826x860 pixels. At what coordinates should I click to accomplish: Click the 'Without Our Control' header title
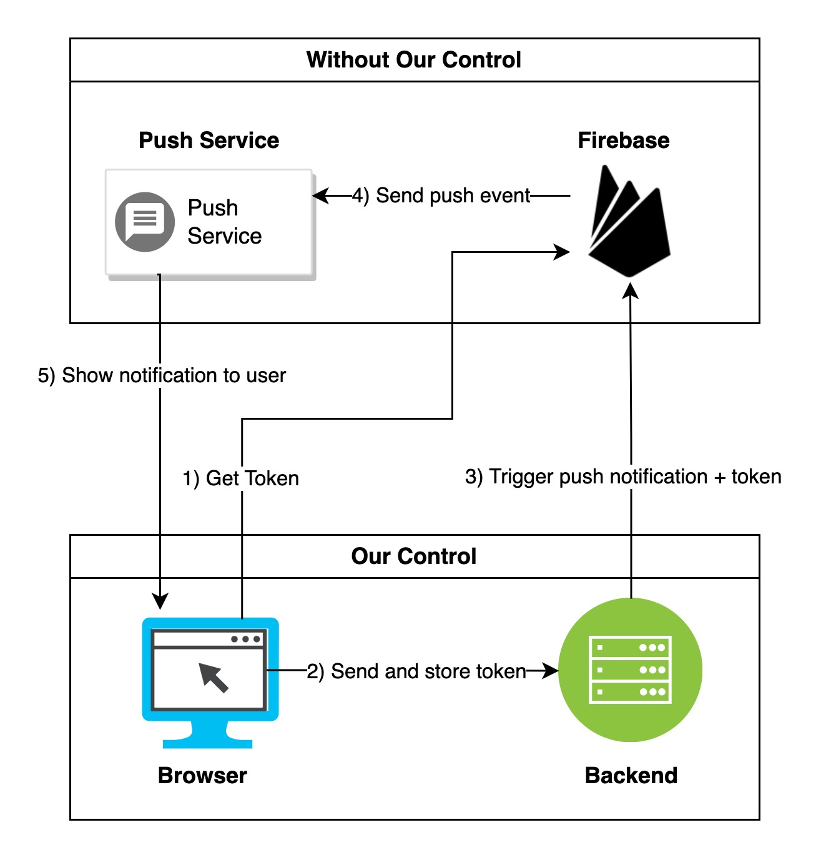413,60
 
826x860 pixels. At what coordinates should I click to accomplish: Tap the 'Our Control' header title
413,556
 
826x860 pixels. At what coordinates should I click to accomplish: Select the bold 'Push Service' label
209,141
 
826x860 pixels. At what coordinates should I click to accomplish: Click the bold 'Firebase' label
623,141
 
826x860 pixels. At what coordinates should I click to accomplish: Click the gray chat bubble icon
145,222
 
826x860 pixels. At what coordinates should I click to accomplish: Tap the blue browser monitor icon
210,681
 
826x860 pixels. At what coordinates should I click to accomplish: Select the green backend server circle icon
630,670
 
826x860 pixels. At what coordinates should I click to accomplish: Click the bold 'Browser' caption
202,775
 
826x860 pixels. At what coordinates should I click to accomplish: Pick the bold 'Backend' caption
631,775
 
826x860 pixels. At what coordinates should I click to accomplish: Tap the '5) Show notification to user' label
162,375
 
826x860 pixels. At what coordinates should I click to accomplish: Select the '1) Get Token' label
241,478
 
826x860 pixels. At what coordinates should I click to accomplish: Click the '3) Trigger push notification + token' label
622,477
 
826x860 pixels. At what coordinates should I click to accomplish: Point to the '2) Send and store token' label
416,671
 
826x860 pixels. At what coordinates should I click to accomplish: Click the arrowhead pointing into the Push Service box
320,195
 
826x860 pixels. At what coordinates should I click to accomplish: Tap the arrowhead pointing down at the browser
160,601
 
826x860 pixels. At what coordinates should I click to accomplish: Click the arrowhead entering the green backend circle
551,671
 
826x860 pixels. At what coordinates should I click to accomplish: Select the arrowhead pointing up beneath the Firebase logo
631,290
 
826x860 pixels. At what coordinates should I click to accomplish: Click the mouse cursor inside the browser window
214,678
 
